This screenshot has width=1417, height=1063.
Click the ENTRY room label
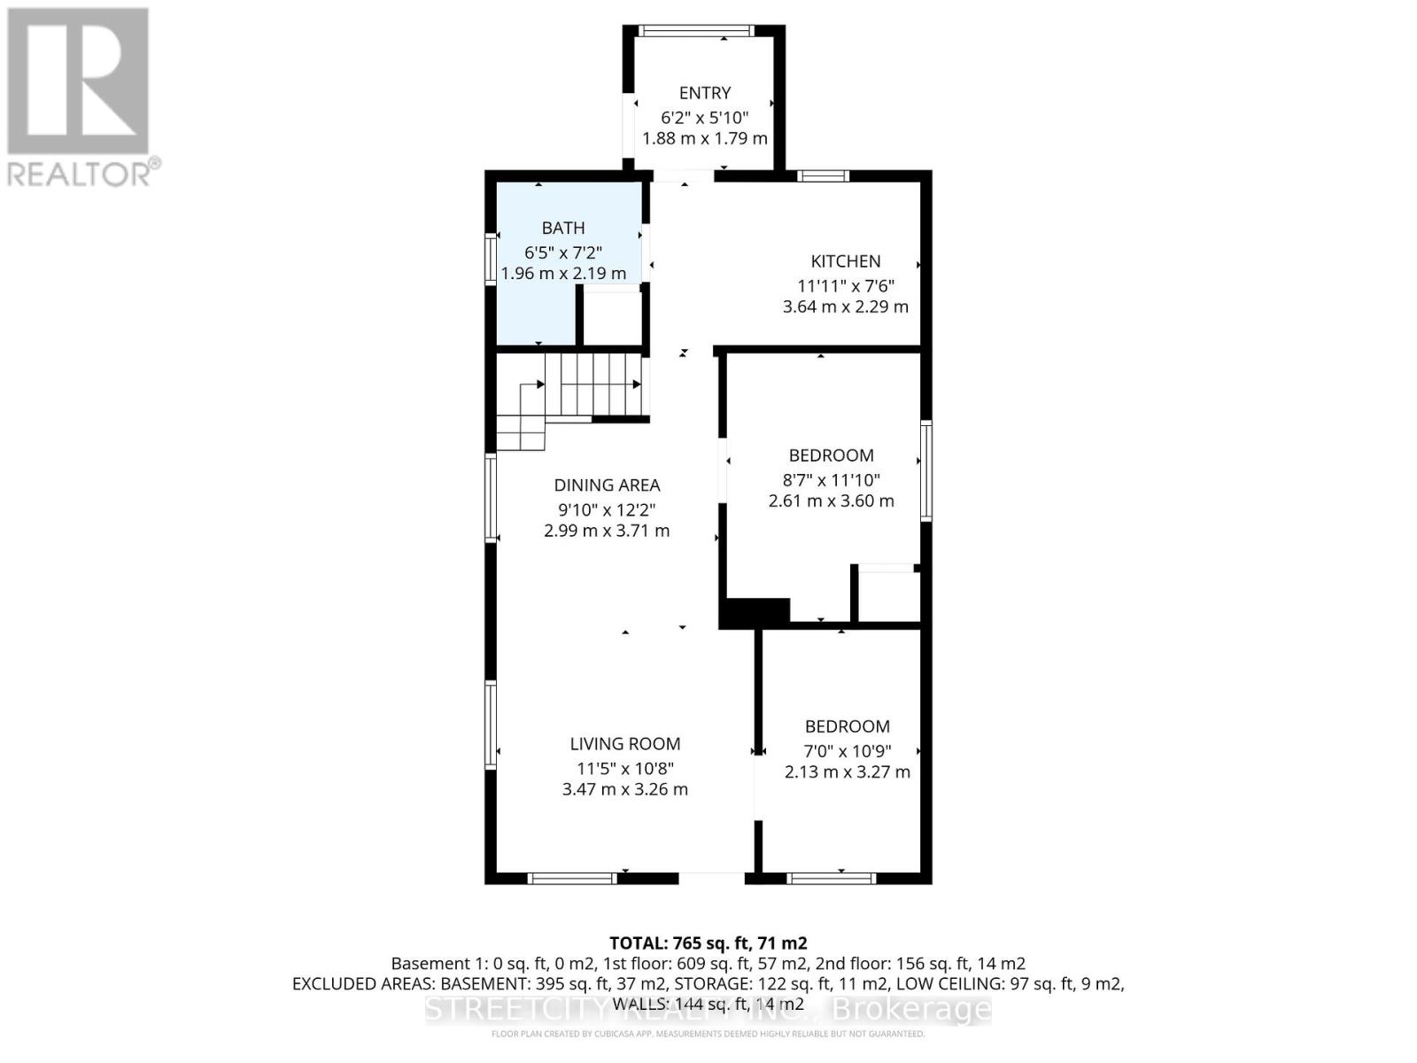pyautogui.click(x=704, y=93)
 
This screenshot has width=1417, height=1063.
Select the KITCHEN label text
pyautogui.click(x=846, y=261)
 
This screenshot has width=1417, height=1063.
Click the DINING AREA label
pyautogui.click(x=607, y=485)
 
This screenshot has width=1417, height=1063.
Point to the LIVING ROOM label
pyautogui.click(x=624, y=744)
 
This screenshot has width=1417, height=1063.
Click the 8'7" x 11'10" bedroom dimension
pyautogui.click(x=830, y=480)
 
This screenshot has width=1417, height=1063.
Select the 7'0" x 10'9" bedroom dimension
pyautogui.click(x=847, y=751)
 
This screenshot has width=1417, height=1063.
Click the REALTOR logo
pyautogui.click(x=80, y=97)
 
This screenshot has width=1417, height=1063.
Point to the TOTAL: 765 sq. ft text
pyautogui.click(x=708, y=943)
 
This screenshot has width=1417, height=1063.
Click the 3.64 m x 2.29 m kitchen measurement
pyautogui.click(x=845, y=306)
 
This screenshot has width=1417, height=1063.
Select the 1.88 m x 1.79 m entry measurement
pyautogui.click(x=704, y=138)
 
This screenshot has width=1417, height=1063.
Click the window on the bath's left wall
pyautogui.click(x=490, y=259)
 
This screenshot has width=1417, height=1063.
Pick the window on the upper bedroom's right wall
pyautogui.click(x=926, y=470)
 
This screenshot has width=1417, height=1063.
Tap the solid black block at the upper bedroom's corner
pyautogui.click(x=755, y=612)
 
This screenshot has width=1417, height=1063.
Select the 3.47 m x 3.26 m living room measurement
pyautogui.click(x=624, y=789)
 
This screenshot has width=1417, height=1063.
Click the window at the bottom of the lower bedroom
pyautogui.click(x=831, y=879)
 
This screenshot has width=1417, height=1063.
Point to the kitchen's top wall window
pyautogui.click(x=823, y=175)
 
